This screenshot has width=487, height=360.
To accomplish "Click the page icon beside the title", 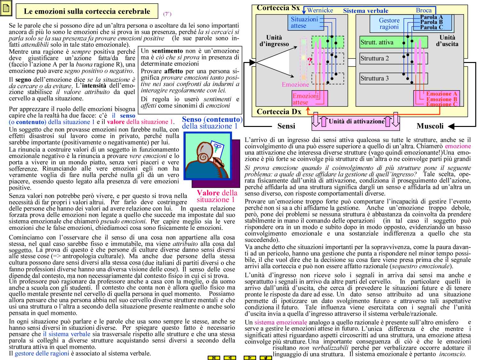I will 6,9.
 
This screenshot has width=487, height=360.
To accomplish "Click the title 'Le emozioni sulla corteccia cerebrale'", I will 87,12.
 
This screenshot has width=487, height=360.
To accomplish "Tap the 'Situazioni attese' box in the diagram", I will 304,22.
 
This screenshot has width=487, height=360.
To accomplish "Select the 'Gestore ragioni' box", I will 389,24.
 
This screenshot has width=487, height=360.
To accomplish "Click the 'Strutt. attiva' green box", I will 377,43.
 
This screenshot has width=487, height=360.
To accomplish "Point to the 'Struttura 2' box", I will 375,59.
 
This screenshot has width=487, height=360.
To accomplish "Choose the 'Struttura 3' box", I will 375,78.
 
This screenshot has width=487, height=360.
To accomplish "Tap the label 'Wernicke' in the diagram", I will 320,10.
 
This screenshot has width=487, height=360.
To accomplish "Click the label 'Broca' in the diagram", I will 424,10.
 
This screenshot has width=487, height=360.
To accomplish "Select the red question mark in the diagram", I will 309,61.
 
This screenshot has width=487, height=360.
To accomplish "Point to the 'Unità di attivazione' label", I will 356,121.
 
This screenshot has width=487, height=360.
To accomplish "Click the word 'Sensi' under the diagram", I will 286,126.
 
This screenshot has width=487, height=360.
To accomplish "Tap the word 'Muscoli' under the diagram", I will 430,126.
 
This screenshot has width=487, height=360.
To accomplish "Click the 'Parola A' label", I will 431,17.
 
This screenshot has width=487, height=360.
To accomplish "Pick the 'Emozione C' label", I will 442,104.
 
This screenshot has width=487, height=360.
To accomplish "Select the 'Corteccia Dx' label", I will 279,112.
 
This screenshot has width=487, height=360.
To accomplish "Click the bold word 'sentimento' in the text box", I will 167,51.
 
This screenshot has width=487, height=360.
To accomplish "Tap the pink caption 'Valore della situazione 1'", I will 217,196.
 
